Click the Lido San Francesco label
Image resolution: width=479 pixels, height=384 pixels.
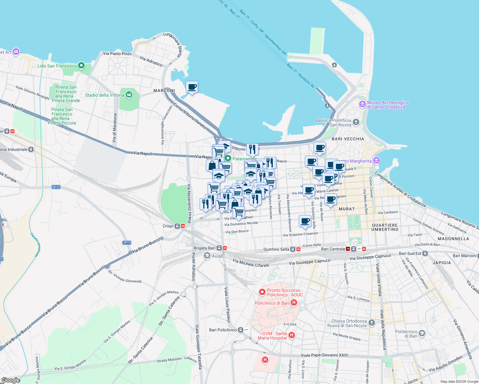57,66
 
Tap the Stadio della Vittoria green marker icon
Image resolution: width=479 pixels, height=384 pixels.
129,94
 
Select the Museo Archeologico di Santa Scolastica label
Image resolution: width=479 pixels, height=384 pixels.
388,105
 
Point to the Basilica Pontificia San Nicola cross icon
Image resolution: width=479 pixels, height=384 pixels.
356,122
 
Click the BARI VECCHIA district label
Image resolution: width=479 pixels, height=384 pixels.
348,139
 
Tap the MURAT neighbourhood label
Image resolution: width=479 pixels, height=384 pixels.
347,209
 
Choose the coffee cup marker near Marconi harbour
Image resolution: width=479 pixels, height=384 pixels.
192,87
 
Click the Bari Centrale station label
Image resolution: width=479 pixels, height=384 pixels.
333,249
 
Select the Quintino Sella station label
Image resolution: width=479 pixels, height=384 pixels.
276,249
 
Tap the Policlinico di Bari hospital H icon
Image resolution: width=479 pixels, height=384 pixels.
294,302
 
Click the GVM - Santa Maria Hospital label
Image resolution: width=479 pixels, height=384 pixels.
272,336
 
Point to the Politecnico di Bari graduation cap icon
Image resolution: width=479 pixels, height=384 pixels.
422,333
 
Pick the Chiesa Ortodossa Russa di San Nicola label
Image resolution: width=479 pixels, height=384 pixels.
349,323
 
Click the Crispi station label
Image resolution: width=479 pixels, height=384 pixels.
168,226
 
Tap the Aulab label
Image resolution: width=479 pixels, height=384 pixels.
218,256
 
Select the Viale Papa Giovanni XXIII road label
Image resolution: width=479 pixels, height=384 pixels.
324,355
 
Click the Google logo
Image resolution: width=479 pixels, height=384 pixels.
11,380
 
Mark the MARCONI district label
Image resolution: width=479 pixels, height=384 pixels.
164,91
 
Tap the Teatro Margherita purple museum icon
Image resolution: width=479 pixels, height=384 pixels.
377,161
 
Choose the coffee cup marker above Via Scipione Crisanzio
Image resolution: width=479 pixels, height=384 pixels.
305,221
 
